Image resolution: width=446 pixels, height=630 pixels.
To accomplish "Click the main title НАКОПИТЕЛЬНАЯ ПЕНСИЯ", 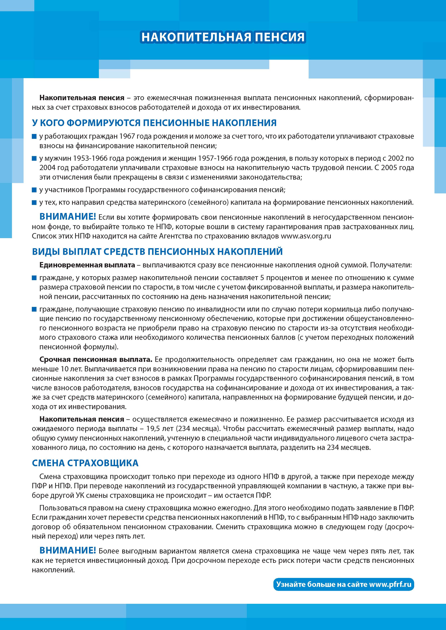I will click(223, 37).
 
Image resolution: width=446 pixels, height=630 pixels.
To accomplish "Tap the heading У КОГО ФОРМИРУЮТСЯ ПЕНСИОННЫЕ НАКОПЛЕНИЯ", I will click(154, 123).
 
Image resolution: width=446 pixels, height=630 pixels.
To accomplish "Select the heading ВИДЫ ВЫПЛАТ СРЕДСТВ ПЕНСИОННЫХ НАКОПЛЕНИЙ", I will click(157, 251).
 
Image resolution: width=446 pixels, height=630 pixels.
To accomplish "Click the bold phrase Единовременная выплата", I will click(87, 265).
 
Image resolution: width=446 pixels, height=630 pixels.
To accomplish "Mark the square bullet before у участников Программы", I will click(34, 190).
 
